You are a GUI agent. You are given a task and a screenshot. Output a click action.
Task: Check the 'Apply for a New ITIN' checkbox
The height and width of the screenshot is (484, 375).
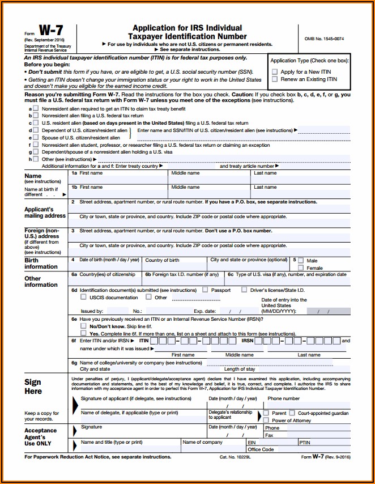(x=275, y=72)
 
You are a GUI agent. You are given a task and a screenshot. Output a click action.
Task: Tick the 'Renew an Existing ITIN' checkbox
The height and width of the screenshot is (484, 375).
(x=275, y=79)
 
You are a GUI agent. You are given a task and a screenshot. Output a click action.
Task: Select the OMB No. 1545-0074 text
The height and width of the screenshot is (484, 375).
(x=324, y=38)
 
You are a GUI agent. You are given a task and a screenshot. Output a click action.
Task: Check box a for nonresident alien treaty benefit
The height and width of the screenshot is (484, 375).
(x=36, y=108)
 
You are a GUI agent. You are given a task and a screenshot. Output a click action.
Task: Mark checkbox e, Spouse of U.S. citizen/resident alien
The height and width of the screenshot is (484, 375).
(x=36, y=137)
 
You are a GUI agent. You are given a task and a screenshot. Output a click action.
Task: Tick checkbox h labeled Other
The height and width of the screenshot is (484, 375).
(x=36, y=159)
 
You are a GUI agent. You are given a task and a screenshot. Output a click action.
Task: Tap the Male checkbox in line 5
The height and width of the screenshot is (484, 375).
(x=301, y=260)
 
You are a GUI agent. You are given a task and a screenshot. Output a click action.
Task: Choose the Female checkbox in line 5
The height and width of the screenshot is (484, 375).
(x=301, y=268)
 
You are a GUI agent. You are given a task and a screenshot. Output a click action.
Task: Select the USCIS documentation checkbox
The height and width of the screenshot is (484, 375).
(x=84, y=297)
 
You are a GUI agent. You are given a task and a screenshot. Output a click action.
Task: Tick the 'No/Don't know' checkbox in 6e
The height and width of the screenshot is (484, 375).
(x=84, y=326)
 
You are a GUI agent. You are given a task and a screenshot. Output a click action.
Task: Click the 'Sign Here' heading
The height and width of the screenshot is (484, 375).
(x=33, y=386)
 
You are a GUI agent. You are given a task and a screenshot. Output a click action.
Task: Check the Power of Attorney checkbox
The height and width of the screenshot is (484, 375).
(x=266, y=421)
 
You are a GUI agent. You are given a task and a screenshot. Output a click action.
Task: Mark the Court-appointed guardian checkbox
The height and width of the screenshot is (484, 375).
(x=292, y=413)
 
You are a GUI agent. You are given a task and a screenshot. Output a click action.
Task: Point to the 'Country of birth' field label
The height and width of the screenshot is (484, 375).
(x=162, y=260)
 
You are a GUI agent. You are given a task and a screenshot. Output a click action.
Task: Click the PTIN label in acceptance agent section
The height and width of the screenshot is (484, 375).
(x=305, y=442)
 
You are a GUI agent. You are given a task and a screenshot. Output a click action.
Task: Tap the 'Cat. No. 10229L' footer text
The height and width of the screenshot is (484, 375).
(x=237, y=457)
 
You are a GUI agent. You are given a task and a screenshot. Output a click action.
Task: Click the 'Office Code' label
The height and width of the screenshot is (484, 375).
(x=261, y=449)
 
